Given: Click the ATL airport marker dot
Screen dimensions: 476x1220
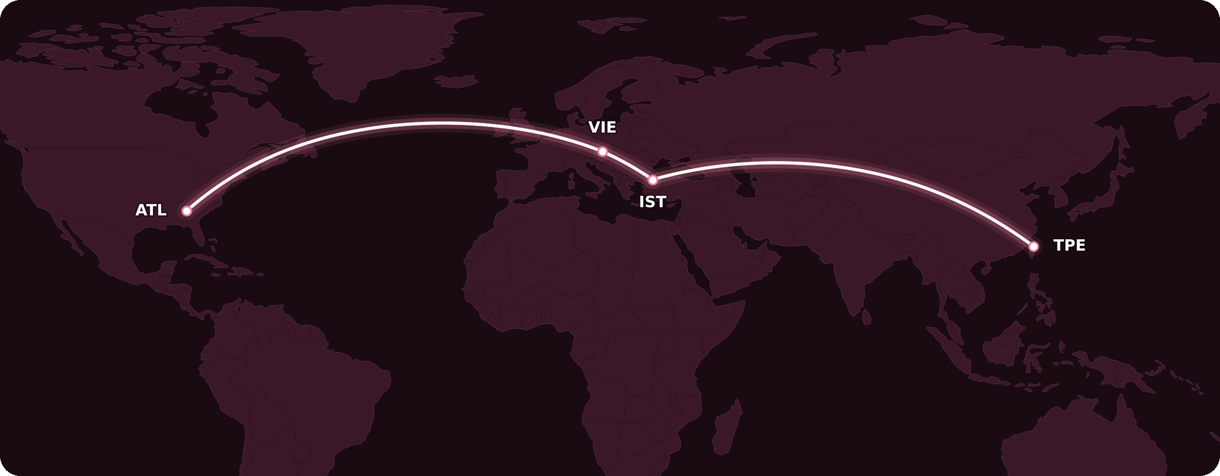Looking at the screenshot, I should [x=187, y=211].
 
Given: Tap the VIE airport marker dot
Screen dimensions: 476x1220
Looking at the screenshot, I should [x=602, y=151].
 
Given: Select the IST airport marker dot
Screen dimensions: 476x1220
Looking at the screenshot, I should [x=653, y=180].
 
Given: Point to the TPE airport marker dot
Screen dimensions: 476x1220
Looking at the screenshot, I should [x=1033, y=246].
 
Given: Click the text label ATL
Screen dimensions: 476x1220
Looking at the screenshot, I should [x=150, y=210].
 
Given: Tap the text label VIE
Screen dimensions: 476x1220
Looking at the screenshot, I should [x=602, y=128].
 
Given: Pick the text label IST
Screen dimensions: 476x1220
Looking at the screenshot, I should [x=652, y=202].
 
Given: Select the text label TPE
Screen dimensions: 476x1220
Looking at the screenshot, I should [x=1069, y=245].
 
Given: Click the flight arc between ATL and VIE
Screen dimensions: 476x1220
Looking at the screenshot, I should [x=437, y=123].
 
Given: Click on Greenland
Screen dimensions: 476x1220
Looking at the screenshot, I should [x=366, y=51].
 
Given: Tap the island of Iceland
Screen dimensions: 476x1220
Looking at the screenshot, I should [x=456, y=81].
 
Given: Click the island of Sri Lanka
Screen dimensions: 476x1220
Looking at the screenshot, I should [x=867, y=317].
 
